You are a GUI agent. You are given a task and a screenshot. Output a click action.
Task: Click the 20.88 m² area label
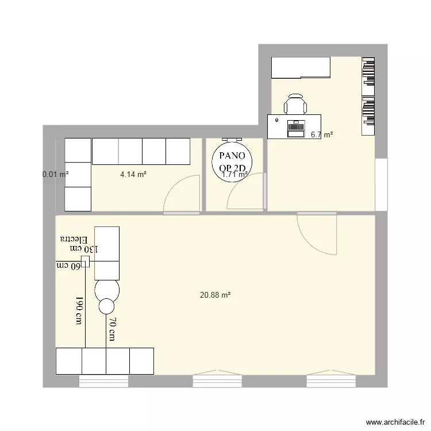coord(215,295)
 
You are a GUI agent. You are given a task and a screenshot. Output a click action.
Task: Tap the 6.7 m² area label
coord(322,135)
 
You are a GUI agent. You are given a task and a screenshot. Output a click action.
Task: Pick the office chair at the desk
coord(295,105)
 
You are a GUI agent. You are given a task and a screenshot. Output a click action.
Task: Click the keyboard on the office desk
coord(296,125)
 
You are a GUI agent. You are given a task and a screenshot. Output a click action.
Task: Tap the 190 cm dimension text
coord(80,311)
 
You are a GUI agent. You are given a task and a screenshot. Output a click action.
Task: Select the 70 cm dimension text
coord(113,330)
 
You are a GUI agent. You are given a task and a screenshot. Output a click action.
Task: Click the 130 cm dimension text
coord(84,249)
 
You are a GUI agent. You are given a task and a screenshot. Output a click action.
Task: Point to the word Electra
coord(74,238)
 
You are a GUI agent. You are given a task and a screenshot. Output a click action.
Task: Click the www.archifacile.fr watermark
coord(396,421)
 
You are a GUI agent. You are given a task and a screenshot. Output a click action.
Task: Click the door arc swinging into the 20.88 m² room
coord(317,233)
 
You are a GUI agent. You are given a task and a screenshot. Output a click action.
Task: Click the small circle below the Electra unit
coord(107,306)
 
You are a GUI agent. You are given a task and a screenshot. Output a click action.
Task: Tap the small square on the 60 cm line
coord(85,262)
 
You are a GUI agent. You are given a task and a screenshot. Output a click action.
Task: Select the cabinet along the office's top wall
coord(301,68)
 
